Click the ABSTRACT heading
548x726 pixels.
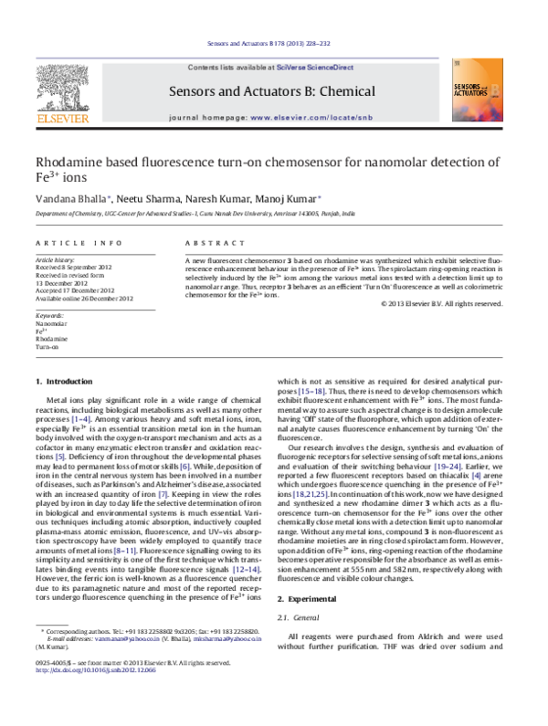pos(205,243)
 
